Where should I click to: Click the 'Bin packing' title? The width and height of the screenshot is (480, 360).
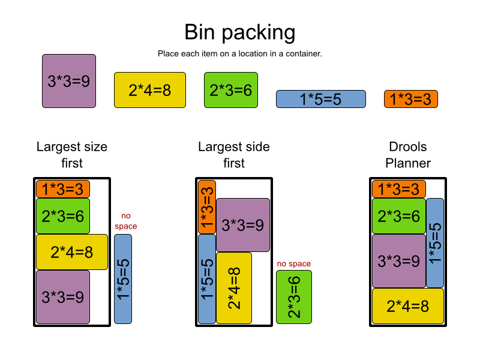click(x=240, y=32)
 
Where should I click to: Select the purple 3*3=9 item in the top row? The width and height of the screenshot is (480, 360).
click(x=69, y=81)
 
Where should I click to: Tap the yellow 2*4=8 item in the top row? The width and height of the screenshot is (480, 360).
click(x=150, y=90)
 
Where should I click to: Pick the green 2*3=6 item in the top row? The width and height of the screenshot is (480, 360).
click(x=231, y=90)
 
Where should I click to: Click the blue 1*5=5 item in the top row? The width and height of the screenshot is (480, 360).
click(x=321, y=99)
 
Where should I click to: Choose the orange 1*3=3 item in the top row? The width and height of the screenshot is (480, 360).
click(x=411, y=99)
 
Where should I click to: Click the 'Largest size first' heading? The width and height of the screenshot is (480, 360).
click(x=72, y=155)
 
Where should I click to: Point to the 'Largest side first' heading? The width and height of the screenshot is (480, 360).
click(x=234, y=155)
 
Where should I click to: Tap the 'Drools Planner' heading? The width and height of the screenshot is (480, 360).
click(x=408, y=155)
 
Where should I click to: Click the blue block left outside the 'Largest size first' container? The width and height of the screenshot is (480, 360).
click(x=123, y=279)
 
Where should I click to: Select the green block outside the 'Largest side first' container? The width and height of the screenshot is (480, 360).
click(x=294, y=297)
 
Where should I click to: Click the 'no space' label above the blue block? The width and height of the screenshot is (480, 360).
click(x=126, y=221)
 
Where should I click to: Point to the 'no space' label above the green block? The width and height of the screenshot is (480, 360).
click(x=294, y=263)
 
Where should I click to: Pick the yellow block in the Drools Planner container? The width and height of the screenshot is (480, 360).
click(x=408, y=306)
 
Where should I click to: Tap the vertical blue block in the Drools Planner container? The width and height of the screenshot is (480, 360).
click(x=435, y=243)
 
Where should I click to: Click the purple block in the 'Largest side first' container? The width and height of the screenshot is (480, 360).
click(x=243, y=225)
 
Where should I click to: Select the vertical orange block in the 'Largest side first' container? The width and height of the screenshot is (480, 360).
click(x=207, y=207)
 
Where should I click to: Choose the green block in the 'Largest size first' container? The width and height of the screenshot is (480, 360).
click(x=63, y=216)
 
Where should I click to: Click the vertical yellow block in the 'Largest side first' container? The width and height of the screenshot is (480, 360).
click(x=234, y=288)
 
